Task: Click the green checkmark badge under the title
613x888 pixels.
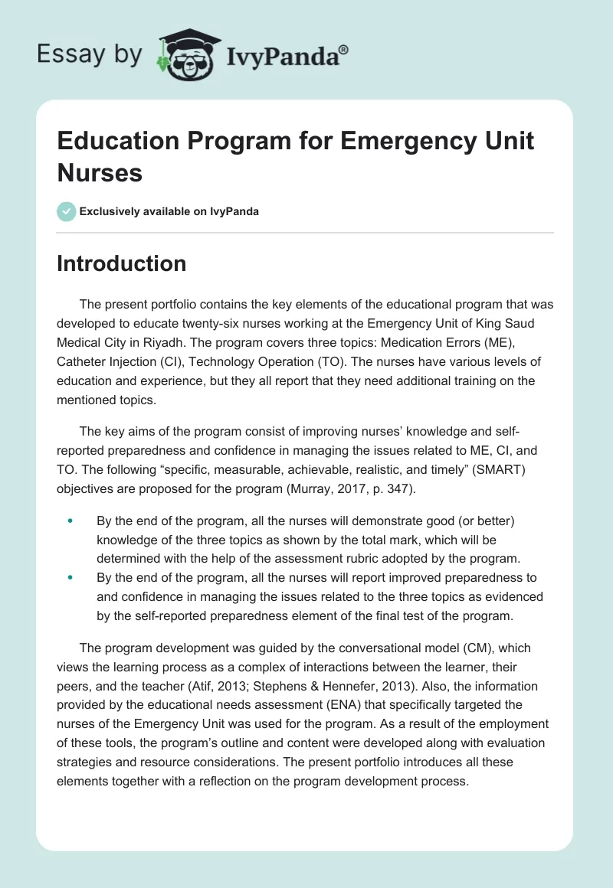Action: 67,211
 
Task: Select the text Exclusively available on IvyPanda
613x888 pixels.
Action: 169,211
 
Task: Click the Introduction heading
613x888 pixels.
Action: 122,263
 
